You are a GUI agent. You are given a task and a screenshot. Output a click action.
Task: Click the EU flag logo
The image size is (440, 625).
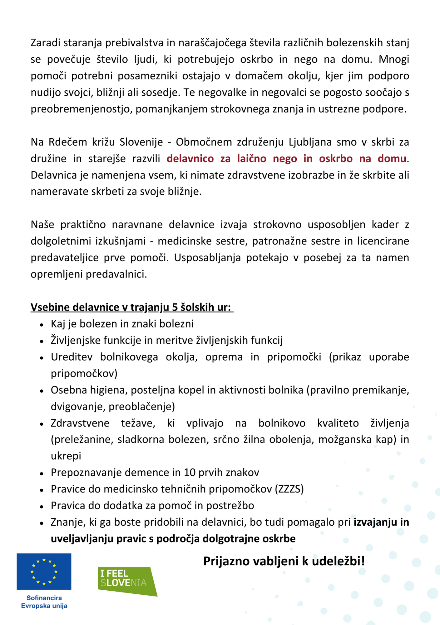(44, 572)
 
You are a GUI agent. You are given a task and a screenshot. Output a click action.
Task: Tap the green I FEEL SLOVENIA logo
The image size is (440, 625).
(126, 581)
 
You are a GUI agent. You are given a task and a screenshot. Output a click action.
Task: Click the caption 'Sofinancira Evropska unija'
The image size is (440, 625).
(44, 602)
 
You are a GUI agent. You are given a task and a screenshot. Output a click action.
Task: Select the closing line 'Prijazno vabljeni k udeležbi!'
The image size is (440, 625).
(284, 561)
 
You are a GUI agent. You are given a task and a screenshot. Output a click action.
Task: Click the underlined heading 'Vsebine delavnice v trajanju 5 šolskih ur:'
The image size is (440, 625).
(132, 307)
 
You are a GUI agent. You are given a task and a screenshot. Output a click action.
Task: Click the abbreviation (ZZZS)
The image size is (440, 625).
(289, 489)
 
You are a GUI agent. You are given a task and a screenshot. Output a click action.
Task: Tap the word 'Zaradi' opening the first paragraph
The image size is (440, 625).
(46, 43)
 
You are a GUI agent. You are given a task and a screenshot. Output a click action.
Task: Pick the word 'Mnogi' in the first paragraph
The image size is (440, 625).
(394, 59)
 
